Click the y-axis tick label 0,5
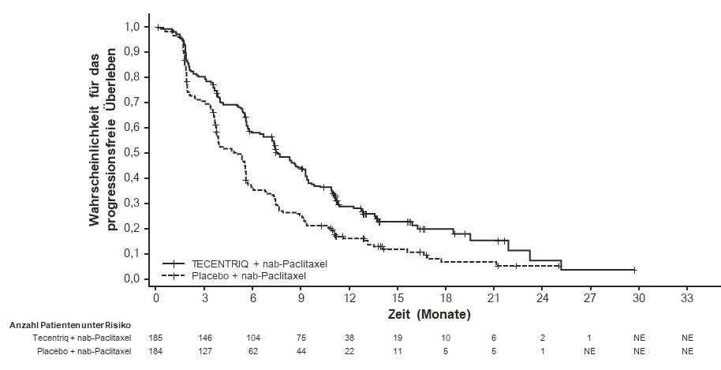(x=133, y=153)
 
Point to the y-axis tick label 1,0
(x=133, y=27)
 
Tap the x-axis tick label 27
(x=590, y=298)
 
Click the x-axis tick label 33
(x=687, y=298)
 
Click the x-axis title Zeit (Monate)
(x=429, y=313)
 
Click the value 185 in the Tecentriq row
(x=156, y=338)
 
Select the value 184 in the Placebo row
(x=156, y=349)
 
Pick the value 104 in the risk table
(x=252, y=338)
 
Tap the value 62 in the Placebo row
(x=252, y=349)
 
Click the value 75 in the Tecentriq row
(x=301, y=338)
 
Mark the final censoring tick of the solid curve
(x=634, y=270)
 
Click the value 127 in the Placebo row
(x=204, y=349)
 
